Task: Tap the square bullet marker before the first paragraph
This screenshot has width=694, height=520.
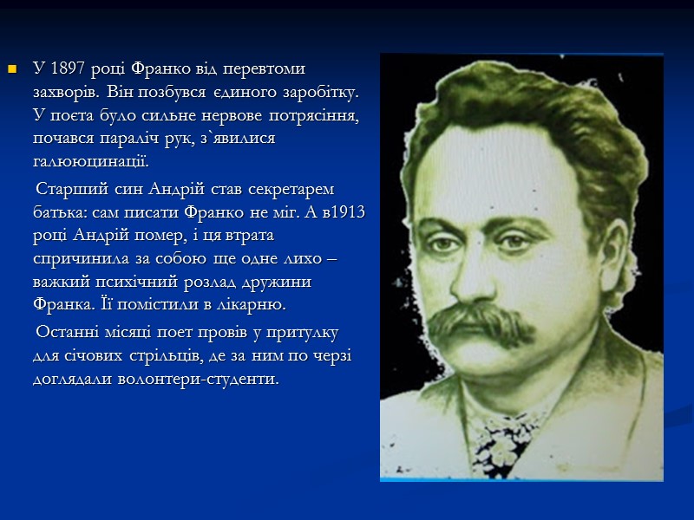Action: tap(11, 68)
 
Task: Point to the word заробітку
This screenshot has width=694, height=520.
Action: tap(322, 92)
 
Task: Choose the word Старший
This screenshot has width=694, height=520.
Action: tap(66, 189)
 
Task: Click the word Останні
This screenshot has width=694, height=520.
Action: tap(66, 333)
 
